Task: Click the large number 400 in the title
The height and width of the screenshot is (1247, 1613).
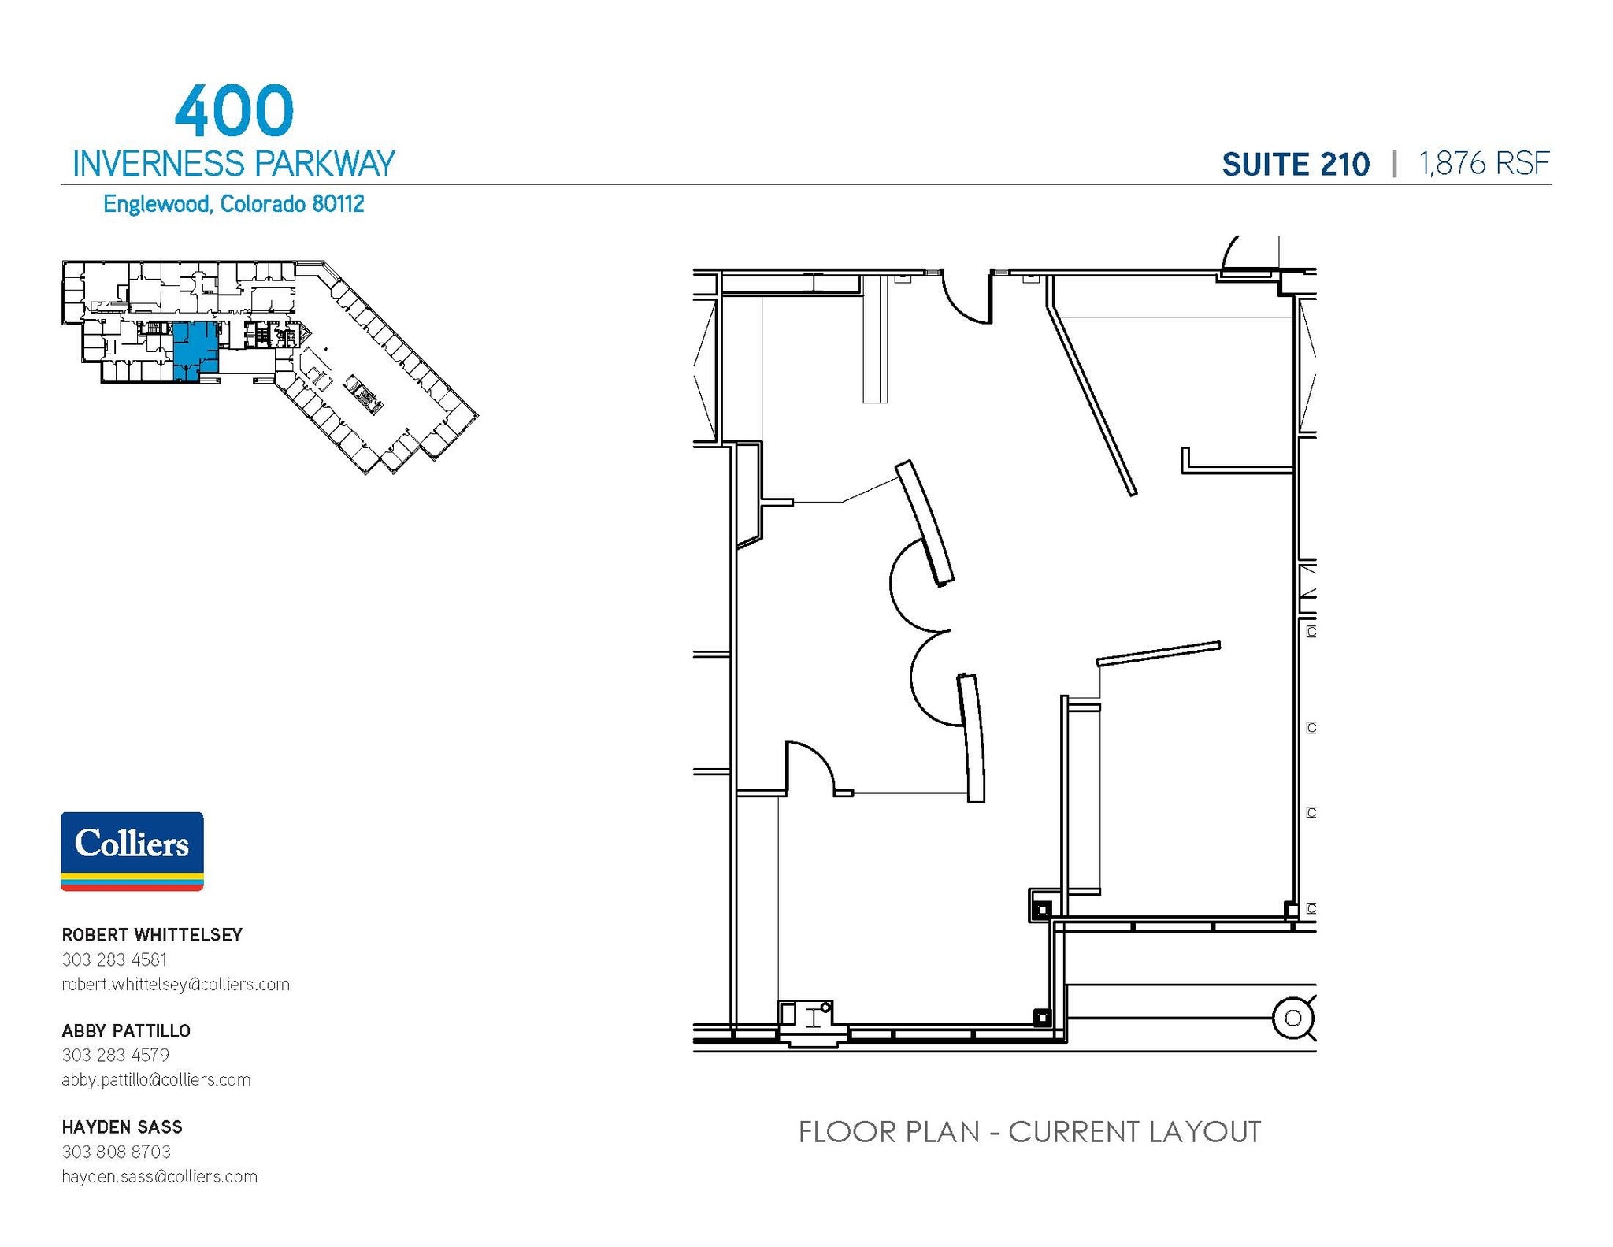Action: coord(234,111)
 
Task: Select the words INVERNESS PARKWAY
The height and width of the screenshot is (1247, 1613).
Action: coord(233,164)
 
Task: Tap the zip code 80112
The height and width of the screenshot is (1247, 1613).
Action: coord(338,204)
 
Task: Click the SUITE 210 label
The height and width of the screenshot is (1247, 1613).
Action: coord(1296,165)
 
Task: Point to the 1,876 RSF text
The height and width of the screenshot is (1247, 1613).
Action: coord(1484,164)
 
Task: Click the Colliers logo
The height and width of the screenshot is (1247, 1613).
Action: coord(132,851)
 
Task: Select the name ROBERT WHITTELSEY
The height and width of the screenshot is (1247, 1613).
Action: coord(152,935)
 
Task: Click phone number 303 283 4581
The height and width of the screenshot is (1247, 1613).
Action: coord(114,959)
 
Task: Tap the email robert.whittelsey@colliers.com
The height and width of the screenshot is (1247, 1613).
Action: coord(176,984)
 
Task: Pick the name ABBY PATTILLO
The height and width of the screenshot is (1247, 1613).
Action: coord(126,1031)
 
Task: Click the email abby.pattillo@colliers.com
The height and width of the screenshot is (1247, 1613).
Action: coord(156,1079)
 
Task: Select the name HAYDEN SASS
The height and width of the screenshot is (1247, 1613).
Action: coord(122,1127)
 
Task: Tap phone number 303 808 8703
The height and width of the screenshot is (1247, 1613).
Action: coord(116,1152)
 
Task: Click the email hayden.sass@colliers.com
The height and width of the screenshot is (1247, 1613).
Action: coord(159,1176)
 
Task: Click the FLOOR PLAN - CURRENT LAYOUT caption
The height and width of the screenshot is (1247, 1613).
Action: coord(1029,1132)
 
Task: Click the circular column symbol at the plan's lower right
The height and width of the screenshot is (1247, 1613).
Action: coord(1292,1018)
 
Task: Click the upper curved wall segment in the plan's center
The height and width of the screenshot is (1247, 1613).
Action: coord(925,522)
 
